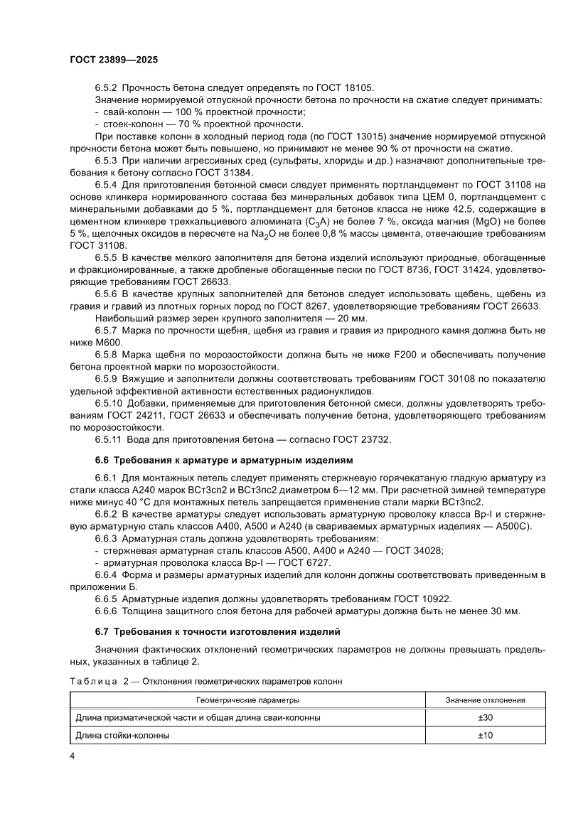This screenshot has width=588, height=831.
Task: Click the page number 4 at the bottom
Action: coord(73,756)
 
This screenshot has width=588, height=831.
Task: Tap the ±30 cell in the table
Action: coord(485,718)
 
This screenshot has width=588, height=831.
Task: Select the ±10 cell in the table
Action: coord(485,735)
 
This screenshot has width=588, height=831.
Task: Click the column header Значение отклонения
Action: coord(485,700)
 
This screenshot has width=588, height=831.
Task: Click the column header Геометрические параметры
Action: coord(247,700)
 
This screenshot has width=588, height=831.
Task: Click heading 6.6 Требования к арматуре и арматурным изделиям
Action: coord(224,461)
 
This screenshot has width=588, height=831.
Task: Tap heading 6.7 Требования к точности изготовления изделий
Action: coord(218,631)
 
